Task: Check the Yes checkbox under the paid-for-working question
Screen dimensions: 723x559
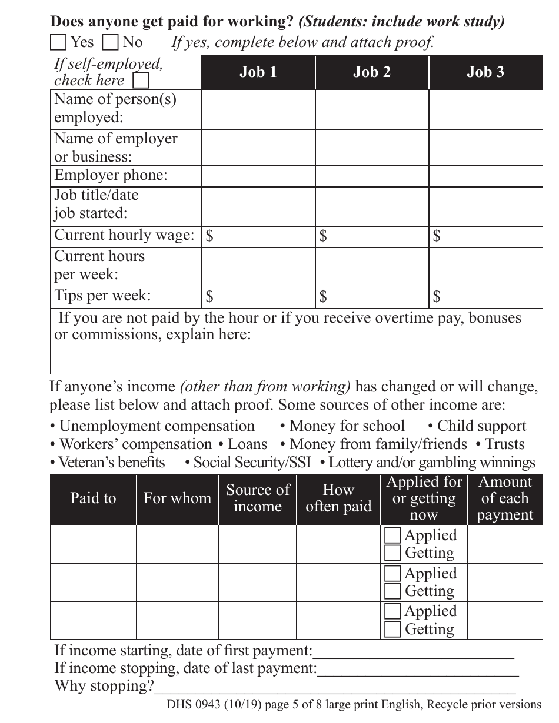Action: pyautogui.click(x=58, y=42)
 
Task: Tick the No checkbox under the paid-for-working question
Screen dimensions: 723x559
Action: pyautogui.click(x=110, y=42)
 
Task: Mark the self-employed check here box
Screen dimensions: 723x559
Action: pyautogui.click(x=141, y=80)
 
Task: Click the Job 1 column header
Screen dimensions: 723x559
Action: pyautogui.click(x=258, y=72)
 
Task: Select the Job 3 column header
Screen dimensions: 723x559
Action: pyautogui.click(x=485, y=72)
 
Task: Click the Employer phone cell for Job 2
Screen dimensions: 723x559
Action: pyautogui.click(x=372, y=176)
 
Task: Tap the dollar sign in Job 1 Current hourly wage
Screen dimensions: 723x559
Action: pyautogui.click(x=209, y=236)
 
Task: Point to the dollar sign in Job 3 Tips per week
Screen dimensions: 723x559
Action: pyautogui.click(x=437, y=297)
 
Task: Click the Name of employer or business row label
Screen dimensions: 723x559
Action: pyautogui.click(x=115, y=148)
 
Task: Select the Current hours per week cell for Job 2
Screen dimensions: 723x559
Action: pyautogui.click(x=372, y=267)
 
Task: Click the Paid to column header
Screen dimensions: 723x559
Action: pyautogui.click(x=93, y=498)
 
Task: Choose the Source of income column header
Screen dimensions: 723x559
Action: pyautogui.click(x=258, y=498)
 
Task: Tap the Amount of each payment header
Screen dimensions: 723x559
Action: pyautogui.click(x=505, y=498)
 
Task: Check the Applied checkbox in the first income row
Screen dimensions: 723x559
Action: pyautogui.click(x=392, y=535)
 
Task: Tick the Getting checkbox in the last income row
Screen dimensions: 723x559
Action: pyautogui.click(x=392, y=630)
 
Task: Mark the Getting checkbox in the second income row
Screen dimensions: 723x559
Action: pyautogui.click(x=392, y=591)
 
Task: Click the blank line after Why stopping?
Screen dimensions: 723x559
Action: pyautogui.click(x=335, y=687)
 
